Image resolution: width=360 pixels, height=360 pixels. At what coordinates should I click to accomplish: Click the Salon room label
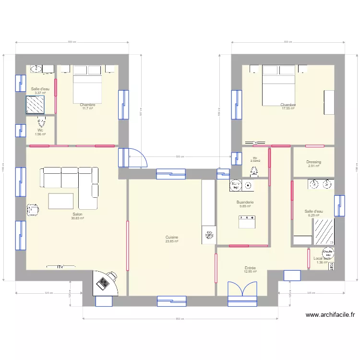click(x=77, y=214)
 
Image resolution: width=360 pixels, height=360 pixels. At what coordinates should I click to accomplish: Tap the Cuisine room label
click(x=172, y=237)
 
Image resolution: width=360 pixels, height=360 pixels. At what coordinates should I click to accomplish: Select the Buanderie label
click(x=245, y=203)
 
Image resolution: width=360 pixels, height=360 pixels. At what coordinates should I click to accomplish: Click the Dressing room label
click(x=313, y=162)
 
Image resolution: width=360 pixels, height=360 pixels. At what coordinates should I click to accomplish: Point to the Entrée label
click(x=250, y=268)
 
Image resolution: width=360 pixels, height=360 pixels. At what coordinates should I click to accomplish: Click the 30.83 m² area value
click(x=77, y=218)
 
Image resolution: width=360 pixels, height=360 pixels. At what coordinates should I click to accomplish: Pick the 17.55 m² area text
click(x=288, y=108)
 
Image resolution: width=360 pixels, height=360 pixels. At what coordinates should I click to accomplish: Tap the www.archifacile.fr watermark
click(x=330, y=315)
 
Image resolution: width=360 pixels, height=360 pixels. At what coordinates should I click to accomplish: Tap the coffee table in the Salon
click(x=61, y=201)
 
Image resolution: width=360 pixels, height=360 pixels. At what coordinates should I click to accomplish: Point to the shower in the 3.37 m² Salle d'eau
click(x=35, y=104)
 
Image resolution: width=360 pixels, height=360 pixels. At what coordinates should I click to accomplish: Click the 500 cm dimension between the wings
click(x=179, y=156)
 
